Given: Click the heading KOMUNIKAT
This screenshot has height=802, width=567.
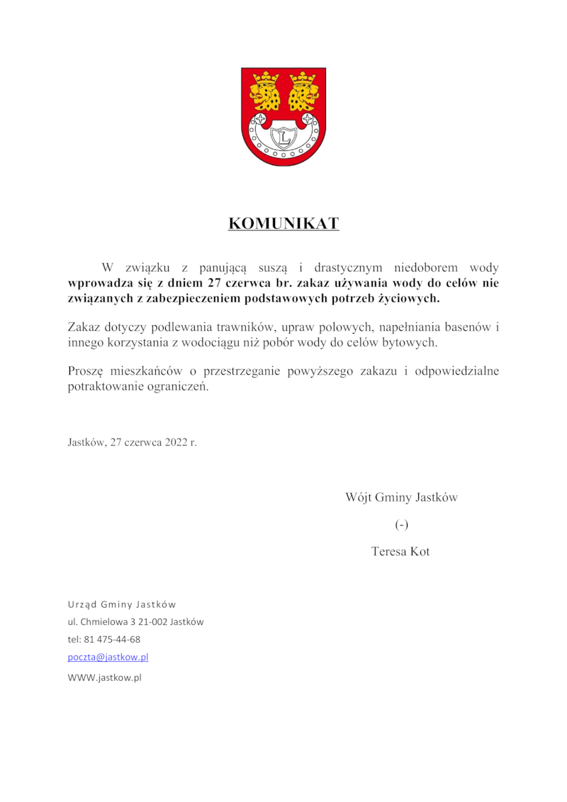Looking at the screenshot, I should (283, 224).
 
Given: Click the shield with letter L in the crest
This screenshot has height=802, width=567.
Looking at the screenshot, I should (283, 135).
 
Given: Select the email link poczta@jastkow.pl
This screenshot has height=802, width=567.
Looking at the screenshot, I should (108, 657).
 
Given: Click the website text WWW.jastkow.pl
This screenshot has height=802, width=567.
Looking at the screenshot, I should (104, 677).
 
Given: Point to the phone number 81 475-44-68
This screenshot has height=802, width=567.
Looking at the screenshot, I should (112, 639).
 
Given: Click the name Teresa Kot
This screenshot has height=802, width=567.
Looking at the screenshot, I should (400, 551).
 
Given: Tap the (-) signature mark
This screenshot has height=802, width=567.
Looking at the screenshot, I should (402, 525).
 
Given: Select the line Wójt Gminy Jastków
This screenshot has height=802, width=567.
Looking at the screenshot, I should (401, 497).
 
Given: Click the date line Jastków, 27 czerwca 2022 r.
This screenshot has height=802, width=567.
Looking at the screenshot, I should (132, 442).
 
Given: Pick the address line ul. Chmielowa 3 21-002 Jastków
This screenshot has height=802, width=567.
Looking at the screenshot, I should (135, 622).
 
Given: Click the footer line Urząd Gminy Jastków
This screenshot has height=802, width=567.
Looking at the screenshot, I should (122, 604).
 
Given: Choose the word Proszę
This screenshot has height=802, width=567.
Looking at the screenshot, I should (86, 371).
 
